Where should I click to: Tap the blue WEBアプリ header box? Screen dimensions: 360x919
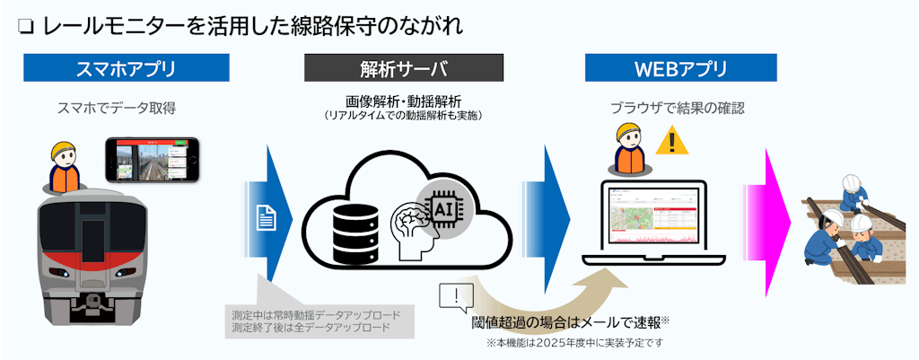[680, 68]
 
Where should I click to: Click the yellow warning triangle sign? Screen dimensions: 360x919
[670, 142]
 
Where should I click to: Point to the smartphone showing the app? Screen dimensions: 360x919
[151, 159]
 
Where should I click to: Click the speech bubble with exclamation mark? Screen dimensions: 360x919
[457, 296]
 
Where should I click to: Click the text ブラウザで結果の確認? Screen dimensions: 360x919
[678, 109]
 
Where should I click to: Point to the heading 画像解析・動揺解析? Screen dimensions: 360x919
[403, 101]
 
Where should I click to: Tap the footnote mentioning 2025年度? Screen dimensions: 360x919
[574, 343]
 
